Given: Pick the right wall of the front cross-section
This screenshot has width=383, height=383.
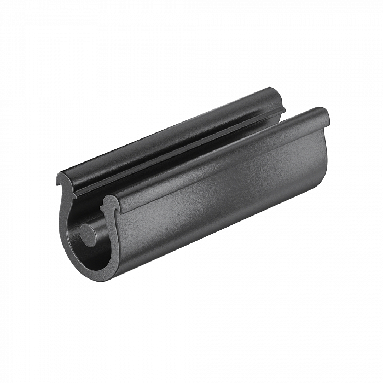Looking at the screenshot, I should coord(114,241).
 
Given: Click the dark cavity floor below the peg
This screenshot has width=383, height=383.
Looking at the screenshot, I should coord(96,254).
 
